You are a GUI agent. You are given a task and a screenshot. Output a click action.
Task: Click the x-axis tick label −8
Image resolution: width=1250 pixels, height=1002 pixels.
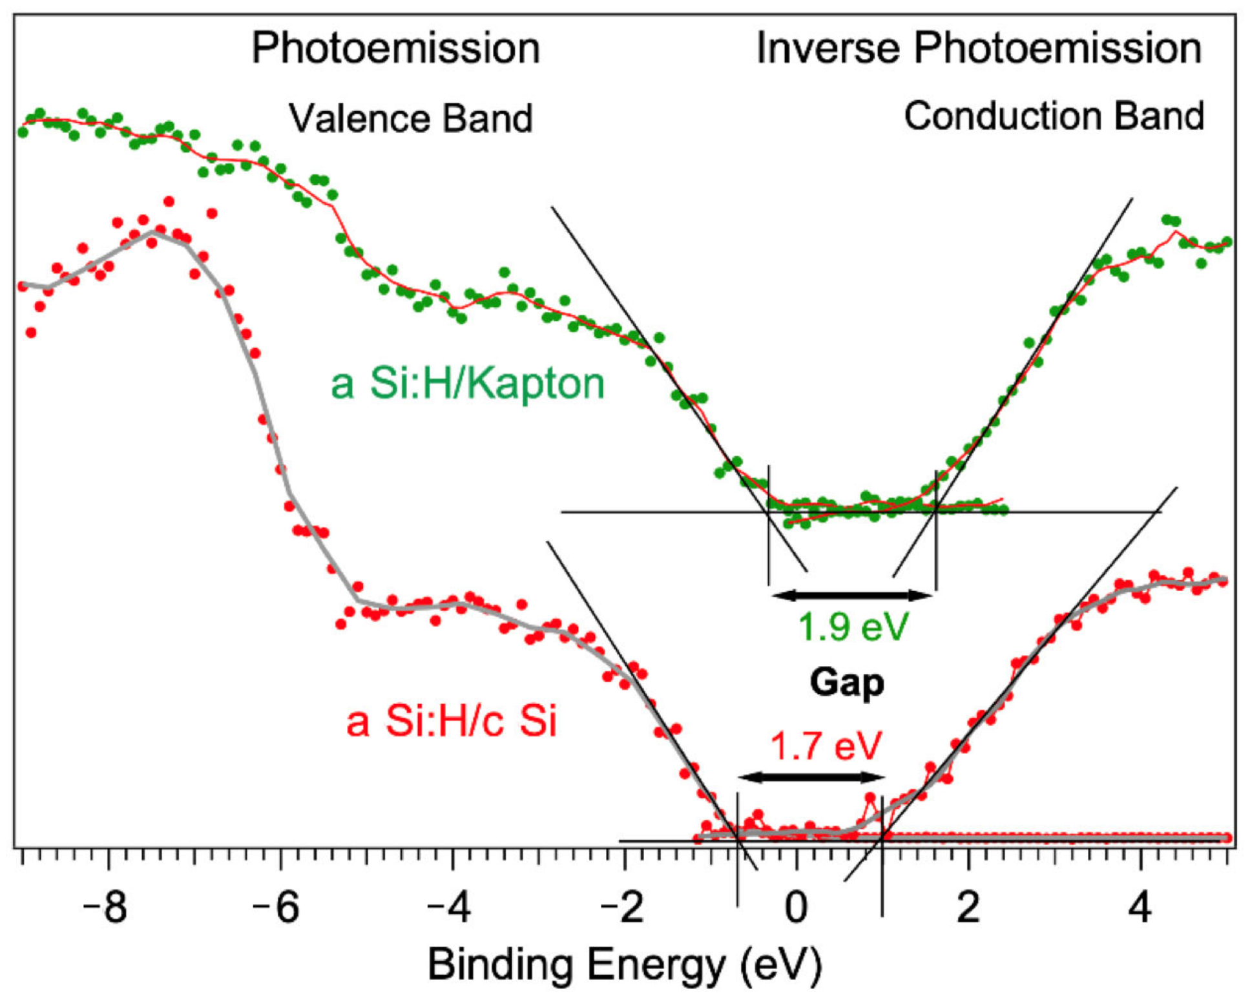[x=105, y=908]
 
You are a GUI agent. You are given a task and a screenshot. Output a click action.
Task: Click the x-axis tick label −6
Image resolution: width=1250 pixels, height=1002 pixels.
[x=276, y=908]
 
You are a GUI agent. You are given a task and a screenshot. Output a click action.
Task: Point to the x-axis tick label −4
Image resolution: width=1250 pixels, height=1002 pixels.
[x=448, y=908]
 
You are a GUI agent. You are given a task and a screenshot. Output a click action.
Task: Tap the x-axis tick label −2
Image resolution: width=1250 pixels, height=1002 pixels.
[x=621, y=908]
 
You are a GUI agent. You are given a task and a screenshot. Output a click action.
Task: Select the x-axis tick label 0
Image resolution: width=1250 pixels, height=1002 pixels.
[x=796, y=908]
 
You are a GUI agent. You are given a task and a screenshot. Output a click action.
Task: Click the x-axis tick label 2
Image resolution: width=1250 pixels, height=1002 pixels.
[x=968, y=908]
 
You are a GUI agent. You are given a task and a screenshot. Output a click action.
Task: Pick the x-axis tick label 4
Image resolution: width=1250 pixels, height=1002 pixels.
[x=1140, y=908]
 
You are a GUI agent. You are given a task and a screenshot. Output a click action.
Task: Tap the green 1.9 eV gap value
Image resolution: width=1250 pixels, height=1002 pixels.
[x=853, y=626]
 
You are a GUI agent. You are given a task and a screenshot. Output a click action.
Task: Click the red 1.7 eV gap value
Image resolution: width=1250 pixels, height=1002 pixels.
[x=826, y=746]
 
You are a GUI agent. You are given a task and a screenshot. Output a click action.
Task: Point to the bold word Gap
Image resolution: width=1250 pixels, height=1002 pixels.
[x=846, y=682]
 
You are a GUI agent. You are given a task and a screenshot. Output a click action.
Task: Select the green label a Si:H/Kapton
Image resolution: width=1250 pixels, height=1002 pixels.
[x=468, y=383]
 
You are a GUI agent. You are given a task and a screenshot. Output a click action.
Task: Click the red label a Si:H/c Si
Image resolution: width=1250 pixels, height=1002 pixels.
[x=451, y=720]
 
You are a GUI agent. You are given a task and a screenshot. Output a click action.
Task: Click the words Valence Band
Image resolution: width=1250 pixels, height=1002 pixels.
[x=411, y=118]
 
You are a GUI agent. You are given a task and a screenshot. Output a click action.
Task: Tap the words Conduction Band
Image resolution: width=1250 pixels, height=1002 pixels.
[x=1054, y=116]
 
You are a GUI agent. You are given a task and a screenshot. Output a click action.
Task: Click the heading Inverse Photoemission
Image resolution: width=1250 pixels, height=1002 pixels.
[x=978, y=48]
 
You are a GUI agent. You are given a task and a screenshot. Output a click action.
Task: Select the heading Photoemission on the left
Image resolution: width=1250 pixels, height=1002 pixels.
[x=395, y=48]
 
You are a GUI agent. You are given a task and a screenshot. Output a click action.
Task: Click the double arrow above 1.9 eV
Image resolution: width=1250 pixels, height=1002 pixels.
[x=851, y=595]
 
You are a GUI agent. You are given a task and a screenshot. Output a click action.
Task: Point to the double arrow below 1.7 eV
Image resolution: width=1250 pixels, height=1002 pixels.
[x=811, y=777]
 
